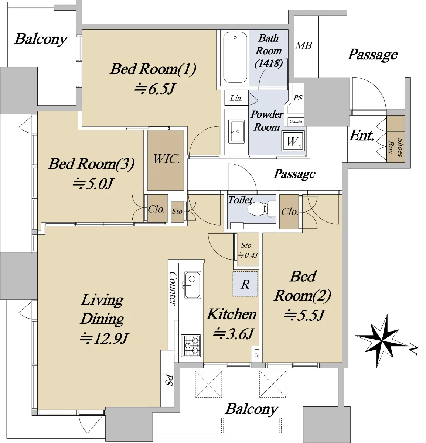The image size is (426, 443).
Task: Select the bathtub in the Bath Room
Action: tap(235, 58)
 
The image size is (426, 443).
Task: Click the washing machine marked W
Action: tap(293, 141)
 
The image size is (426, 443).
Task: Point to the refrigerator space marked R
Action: tap(245, 284)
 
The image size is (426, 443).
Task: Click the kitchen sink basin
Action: tap(192, 285)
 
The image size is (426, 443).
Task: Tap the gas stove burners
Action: tap(191, 345)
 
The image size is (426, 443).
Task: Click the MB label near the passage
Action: tap(304, 46)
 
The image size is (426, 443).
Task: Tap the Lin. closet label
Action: tap(236, 98)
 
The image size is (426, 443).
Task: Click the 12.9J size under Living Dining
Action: tap(104, 338)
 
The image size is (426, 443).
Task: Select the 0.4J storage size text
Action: tap(248, 255)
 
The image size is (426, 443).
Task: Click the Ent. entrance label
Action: tap(362, 135)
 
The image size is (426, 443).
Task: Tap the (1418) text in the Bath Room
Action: tap(269, 63)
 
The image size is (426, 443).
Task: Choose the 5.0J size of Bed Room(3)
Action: tap(93, 183)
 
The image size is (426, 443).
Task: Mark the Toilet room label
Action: tap(240, 200)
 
